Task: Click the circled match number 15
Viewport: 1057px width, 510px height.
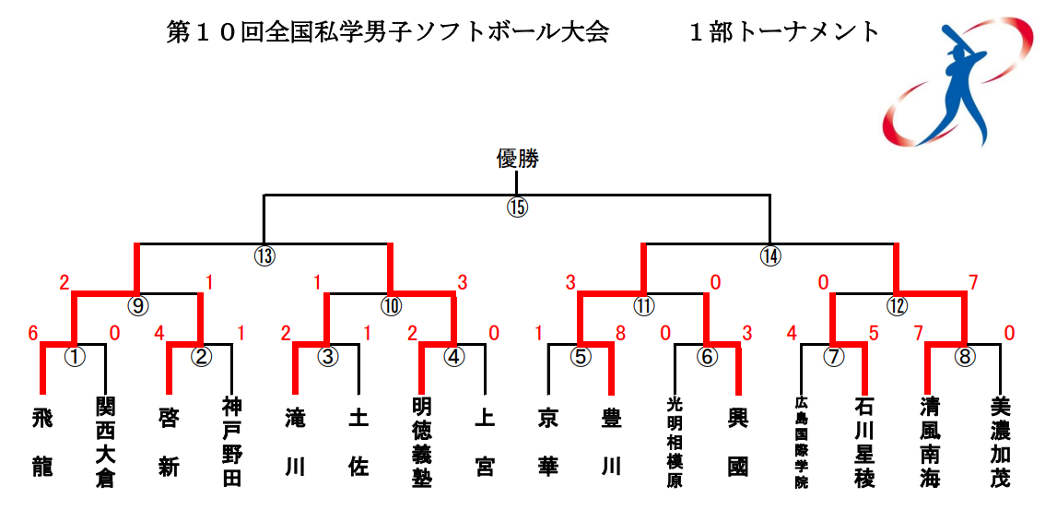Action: click(x=517, y=208)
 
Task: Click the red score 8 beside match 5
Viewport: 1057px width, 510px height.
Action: click(x=619, y=333)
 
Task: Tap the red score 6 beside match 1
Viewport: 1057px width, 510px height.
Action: click(x=32, y=333)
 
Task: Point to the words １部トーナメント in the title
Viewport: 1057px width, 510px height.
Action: click(x=784, y=32)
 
